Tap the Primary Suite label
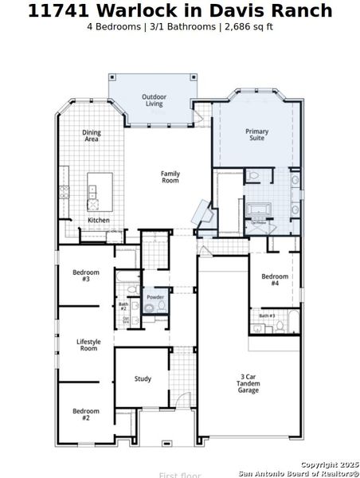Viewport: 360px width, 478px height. (x=256, y=134)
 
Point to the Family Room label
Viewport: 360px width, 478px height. (x=170, y=177)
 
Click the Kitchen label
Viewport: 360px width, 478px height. (x=99, y=220)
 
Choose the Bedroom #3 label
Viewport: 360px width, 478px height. (x=86, y=276)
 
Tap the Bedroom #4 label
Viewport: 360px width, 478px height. (x=275, y=280)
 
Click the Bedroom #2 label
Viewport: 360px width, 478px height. (x=86, y=414)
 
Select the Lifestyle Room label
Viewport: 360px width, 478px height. (x=88, y=345)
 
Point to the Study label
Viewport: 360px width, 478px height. (x=143, y=378)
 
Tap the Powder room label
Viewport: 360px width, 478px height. (x=155, y=297)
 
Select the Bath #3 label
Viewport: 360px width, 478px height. (x=267, y=316)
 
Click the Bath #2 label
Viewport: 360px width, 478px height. (x=123, y=306)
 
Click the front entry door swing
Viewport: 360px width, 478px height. (x=182, y=402)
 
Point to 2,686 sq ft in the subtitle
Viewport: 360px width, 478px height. (x=248, y=26)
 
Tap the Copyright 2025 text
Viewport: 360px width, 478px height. (x=329, y=464)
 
